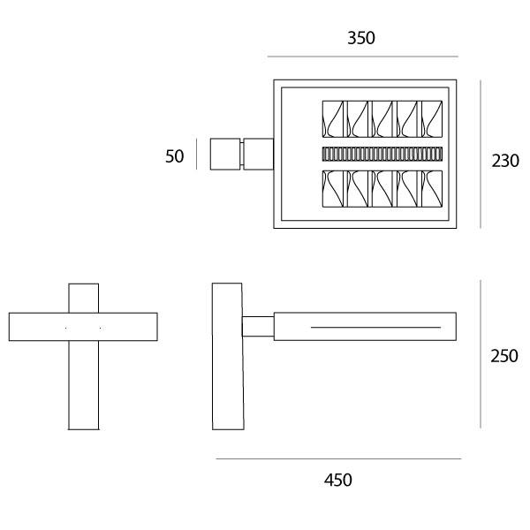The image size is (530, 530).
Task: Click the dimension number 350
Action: click(x=361, y=38)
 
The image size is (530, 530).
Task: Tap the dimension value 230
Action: click(x=505, y=161)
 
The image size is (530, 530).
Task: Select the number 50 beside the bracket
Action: click(x=175, y=156)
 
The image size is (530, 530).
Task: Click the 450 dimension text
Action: click(x=337, y=481)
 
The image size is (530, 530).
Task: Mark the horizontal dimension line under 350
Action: click(x=361, y=57)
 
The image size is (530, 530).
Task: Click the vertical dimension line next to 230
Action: click(x=481, y=155)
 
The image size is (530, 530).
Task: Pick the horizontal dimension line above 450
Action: click(x=337, y=459)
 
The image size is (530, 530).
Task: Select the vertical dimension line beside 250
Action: click(x=481, y=354)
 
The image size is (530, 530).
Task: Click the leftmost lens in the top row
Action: click(x=332, y=119)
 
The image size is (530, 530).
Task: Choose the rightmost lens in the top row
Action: click(x=431, y=119)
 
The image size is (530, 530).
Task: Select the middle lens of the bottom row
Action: click(x=382, y=188)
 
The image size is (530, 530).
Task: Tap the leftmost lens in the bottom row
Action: click(x=332, y=188)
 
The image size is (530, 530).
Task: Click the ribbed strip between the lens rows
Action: click(x=381, y=154)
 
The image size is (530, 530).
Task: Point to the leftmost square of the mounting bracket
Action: click(x=225, y=154)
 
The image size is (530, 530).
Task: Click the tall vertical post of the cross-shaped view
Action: click(x=83, y=389)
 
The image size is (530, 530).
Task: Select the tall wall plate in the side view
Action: click(x=227, y=356)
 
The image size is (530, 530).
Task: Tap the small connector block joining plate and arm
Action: click(x=258, y=326)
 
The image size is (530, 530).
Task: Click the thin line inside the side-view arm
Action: click(x=375, y=328)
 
